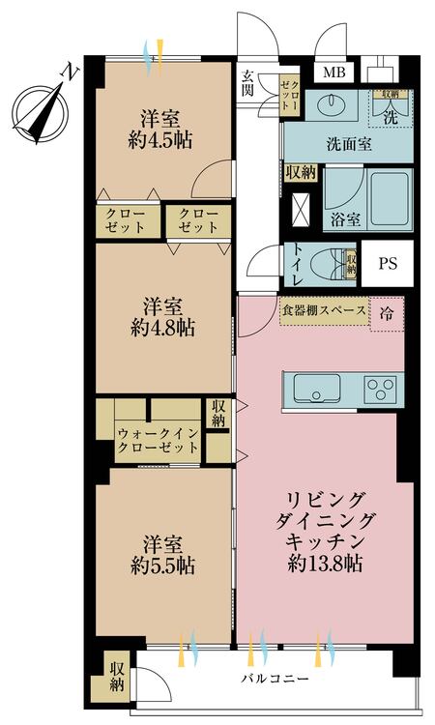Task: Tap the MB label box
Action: (333, 73)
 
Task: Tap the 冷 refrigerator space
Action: (386, 313)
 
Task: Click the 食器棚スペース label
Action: (323, 311)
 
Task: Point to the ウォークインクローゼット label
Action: (158, 440)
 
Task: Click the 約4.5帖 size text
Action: (164, 139)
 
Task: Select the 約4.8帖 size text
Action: (164, 328)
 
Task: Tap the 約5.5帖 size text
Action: (164, 565)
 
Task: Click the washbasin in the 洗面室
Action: (335, 103)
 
